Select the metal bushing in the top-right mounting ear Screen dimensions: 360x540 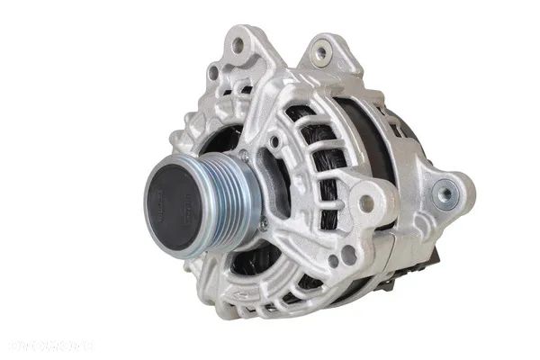click(x=319, y=53)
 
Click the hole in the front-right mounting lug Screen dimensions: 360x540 click(x=366, y=202)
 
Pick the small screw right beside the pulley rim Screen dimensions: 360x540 click(x=263, y=223)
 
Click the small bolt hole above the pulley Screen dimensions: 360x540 click(x=273, y=141)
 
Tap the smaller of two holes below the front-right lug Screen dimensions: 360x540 click(x=332, y=261)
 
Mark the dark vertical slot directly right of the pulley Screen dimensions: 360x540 click(x=270, y=175)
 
